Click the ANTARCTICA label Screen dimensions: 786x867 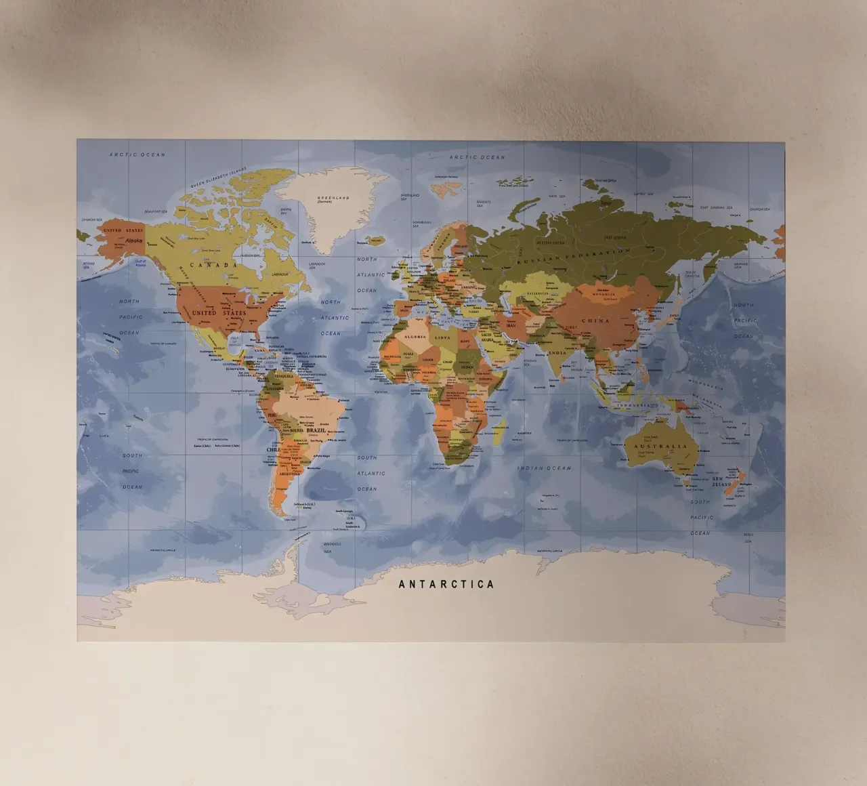[x=446, y=584]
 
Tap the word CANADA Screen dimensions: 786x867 [x=213, y=265]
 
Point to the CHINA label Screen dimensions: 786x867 [x=595, y=320]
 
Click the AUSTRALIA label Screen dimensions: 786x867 [x=660, y=447]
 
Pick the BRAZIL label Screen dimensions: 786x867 [x=316, y=430]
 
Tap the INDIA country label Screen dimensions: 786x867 [x=557, y=353]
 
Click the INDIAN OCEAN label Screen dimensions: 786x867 [x=544, y=468]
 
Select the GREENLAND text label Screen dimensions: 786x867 [x=333, y=199]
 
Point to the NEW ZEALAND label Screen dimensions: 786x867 [x=721, y=482]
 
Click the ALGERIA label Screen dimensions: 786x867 [x=413, y=337]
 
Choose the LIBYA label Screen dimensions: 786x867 [x=442, y=337]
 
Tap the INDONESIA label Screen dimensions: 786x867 [x=634, y=405]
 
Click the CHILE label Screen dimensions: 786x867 [x=273, y=449]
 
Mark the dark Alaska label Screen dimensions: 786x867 [x=134, y=241]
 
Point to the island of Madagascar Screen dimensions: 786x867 [x=499, y=432]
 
